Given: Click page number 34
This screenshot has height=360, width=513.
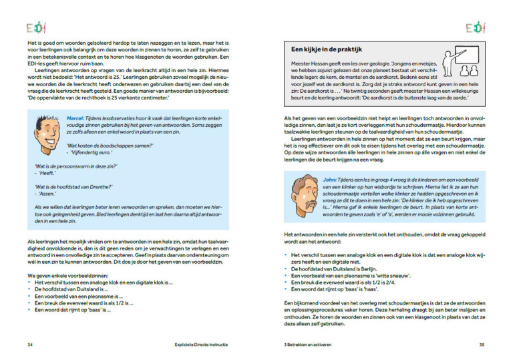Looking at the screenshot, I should pyautogui.click(x=30, y=345).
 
